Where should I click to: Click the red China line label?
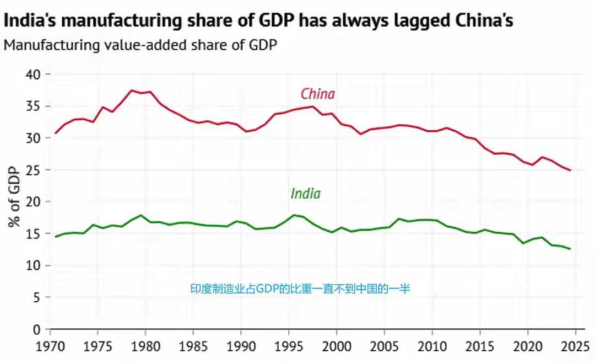pyautogui.click(x=317, y=94)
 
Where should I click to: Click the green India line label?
pyautogui.click(x=305, y=194)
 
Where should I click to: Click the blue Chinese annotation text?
pyautogui.click(x=300, y=288)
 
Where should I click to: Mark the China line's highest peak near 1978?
pyautogui.click(x=131, y=90)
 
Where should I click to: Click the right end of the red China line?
pyautogui.click(x=570, y=170)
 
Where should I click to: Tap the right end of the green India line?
pyautogui.click(x=570, y=249)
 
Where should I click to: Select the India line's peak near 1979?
pyautogui.click(x=141, y=215)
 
